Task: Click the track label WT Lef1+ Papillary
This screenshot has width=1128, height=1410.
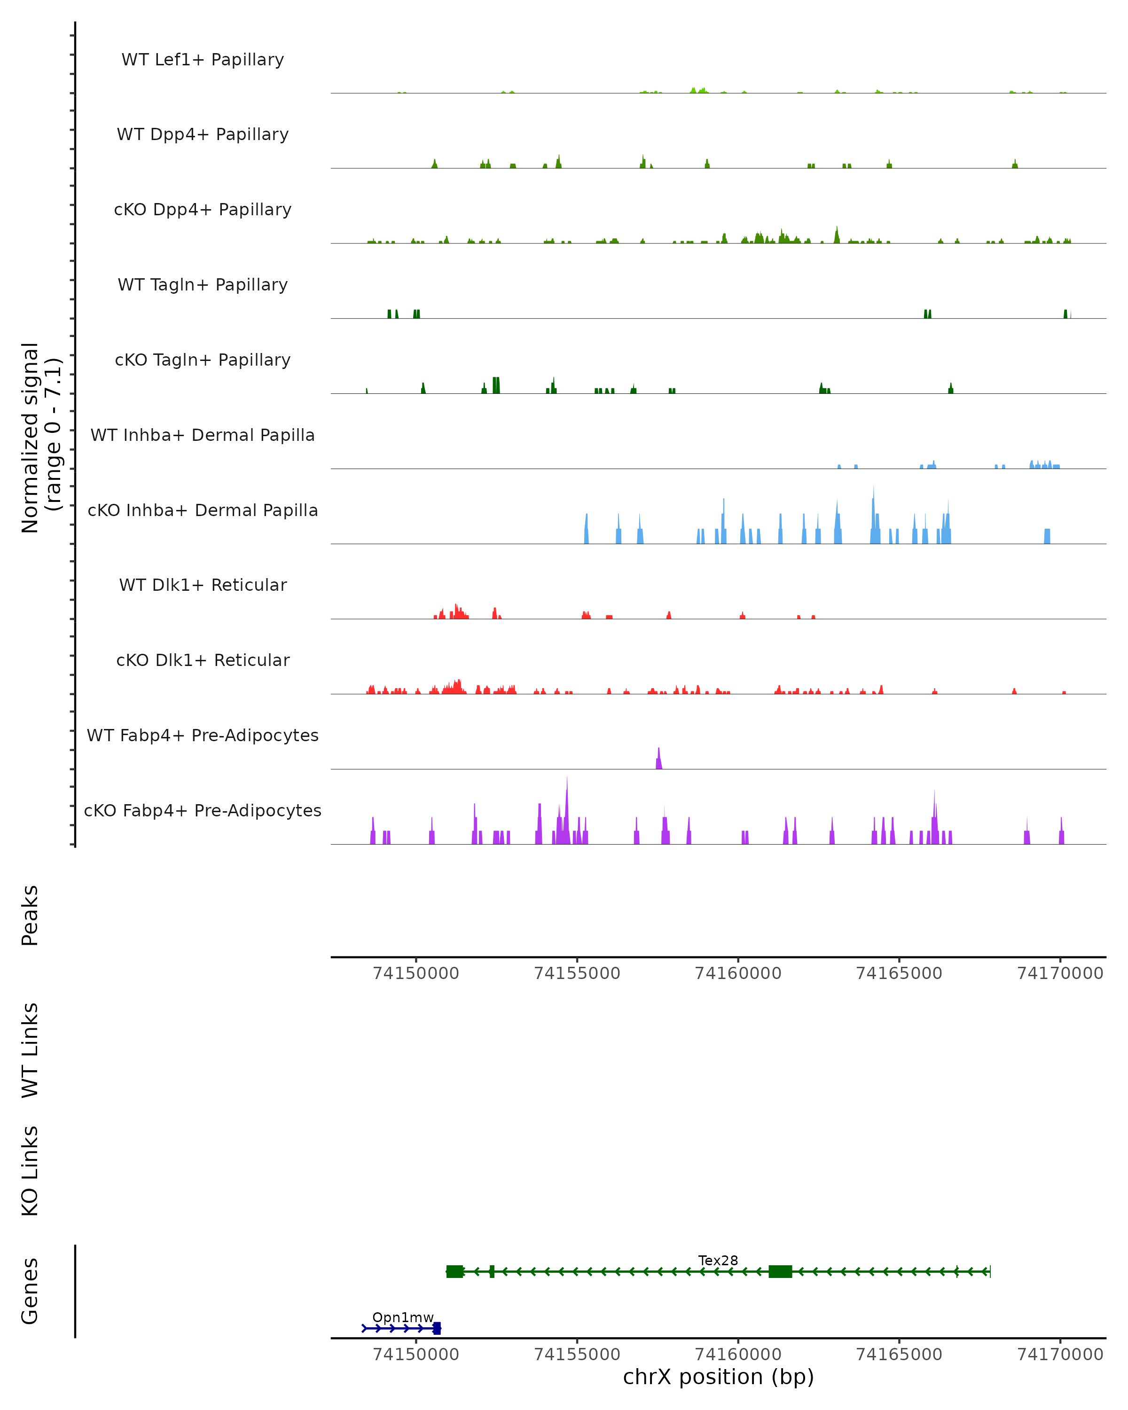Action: point(203,60)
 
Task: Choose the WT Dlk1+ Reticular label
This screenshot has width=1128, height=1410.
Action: point(203,585)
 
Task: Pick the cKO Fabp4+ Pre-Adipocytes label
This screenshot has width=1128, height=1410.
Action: point(203,810)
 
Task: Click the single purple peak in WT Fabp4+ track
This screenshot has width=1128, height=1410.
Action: point(658,759)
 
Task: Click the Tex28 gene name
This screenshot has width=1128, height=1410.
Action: point(718,1260)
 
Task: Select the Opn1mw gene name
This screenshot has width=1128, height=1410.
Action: point(403,1317)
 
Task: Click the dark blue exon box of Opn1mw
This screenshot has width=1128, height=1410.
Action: point(437,1328)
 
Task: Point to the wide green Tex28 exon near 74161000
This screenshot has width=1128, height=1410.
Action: point(780,1271)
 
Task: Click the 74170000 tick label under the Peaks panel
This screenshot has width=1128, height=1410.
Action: point(1060,973)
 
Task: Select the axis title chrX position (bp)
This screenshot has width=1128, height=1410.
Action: point(718,1377)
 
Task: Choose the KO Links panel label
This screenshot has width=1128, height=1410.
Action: point(30,1171)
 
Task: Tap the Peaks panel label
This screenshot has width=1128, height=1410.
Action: point(30,915)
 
